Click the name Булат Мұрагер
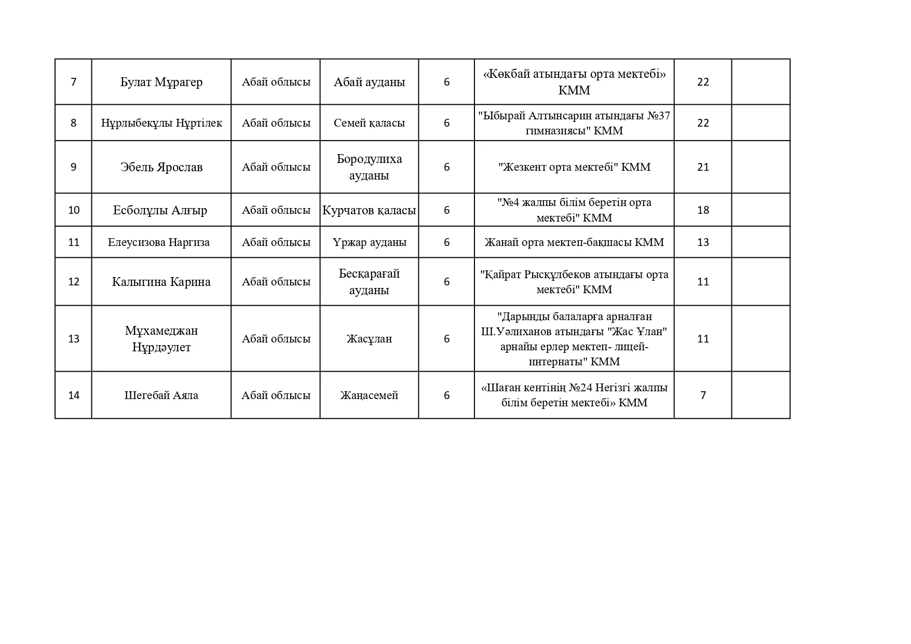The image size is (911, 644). [x=161, y=82]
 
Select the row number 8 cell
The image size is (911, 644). [x=73, y=123]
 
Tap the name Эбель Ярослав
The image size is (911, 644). [x=161, y=167]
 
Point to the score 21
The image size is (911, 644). [x=703, y=167]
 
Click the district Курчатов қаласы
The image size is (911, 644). [x=369, y=210]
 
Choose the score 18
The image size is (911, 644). [x=703, y=210]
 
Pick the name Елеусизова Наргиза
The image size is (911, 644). [x=159, y=242]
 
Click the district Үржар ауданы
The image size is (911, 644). [x=369, y=242]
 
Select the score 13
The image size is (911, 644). [x=703, y=242]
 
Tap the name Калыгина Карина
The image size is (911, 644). [x=161, y=282]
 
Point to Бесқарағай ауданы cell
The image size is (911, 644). [x=369, y=282]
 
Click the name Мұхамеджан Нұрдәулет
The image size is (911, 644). [x=161, y=339]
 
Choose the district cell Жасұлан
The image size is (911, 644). [x=369, y=339]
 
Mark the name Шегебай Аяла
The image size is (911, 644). [x=161, y=395]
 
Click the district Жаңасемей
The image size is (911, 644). [x=369, y=395]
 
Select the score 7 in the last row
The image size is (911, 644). [x=703, y=395]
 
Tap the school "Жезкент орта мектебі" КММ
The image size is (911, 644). [x=574, y=167]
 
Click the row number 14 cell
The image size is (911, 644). [x=74, y=395]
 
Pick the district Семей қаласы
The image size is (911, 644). [x=369, y=123]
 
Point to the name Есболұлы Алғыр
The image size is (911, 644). [x=160, y=210]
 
